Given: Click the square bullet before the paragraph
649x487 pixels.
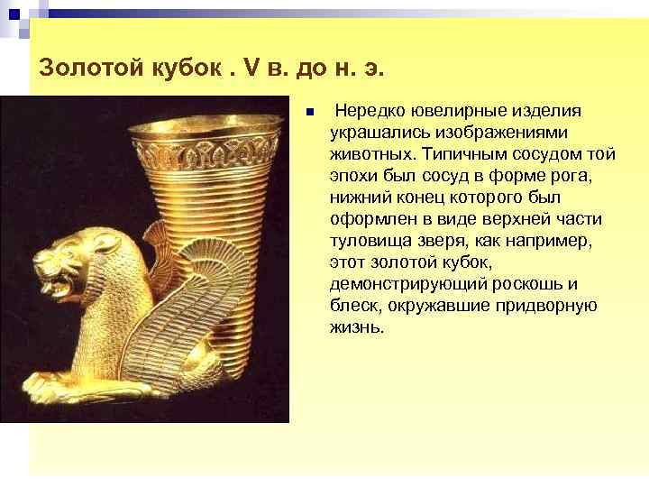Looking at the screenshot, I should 308,114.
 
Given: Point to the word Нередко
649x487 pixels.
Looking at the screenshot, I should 370,110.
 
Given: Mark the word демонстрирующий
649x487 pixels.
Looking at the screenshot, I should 398,283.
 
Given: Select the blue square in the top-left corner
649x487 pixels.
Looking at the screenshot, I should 13,14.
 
